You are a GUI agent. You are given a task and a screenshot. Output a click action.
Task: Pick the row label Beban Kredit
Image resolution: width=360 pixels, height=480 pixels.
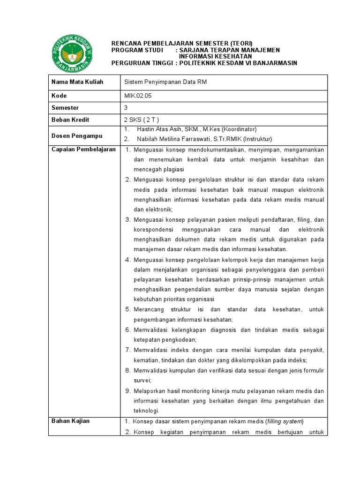(70, 120)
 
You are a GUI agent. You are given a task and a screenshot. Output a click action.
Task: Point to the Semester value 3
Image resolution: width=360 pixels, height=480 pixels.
(126, 108)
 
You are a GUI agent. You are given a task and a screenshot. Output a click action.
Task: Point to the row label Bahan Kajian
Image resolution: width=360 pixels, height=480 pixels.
(70, 421)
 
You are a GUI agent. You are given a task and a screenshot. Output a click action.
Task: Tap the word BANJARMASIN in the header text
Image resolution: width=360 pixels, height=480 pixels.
(271, 63)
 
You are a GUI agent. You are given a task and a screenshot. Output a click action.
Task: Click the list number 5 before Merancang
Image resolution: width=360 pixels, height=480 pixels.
(128, 310)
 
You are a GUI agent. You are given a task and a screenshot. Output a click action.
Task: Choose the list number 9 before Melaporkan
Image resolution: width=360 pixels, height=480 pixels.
(128, 391)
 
